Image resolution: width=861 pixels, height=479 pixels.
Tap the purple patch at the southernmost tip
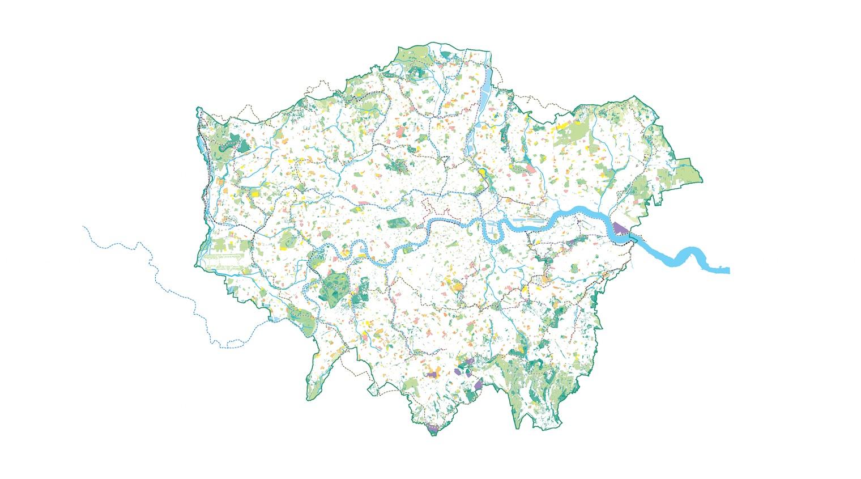click(434, 430)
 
